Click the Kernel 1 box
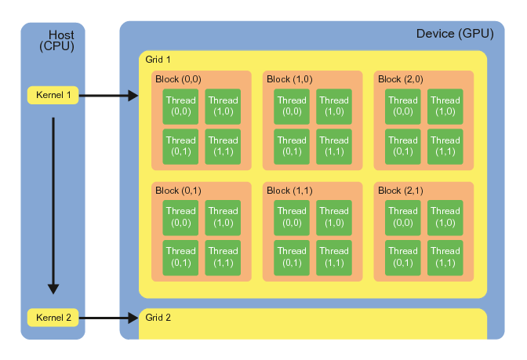(x=53, y=96)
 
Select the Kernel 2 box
(x=53, y=318)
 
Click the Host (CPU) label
(x=58, y=42)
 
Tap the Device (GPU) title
(x=455, y=34)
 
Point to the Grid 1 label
(x=158, y=60)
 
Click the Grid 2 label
(x=158, y=318)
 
